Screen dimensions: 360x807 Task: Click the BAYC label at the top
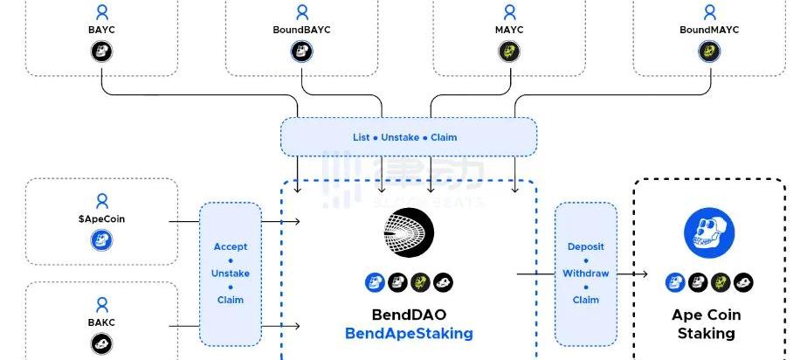click(102, 30)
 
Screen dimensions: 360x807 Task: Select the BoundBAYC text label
click(301, 30)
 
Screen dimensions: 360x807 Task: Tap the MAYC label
click(508, 30)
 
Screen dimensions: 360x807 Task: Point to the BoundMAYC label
click(709, 30)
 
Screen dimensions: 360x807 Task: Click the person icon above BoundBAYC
click(301, 12)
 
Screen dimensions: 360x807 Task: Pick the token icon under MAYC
click(508, 52)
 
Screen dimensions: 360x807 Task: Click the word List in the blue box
click(362, 137)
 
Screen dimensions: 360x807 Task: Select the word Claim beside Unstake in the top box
click(444, 137)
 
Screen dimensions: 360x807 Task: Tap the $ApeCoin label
click(101, 218)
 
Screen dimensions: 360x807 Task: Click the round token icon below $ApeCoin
click(101, 240)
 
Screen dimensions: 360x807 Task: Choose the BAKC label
click(101, 322)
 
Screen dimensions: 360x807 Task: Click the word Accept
click(231, 247)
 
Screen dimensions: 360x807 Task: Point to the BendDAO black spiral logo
click(408, 233)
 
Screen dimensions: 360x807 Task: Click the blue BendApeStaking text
click(409, 333)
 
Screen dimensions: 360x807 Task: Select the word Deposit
click(585, 247)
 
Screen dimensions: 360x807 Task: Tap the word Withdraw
click(585, 273)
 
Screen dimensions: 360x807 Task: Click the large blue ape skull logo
click(708, 233)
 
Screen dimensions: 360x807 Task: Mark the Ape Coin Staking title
click(706, 323)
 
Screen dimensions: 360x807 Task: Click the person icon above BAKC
click(101, 304)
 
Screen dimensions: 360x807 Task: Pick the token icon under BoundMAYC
click(709, 52)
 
